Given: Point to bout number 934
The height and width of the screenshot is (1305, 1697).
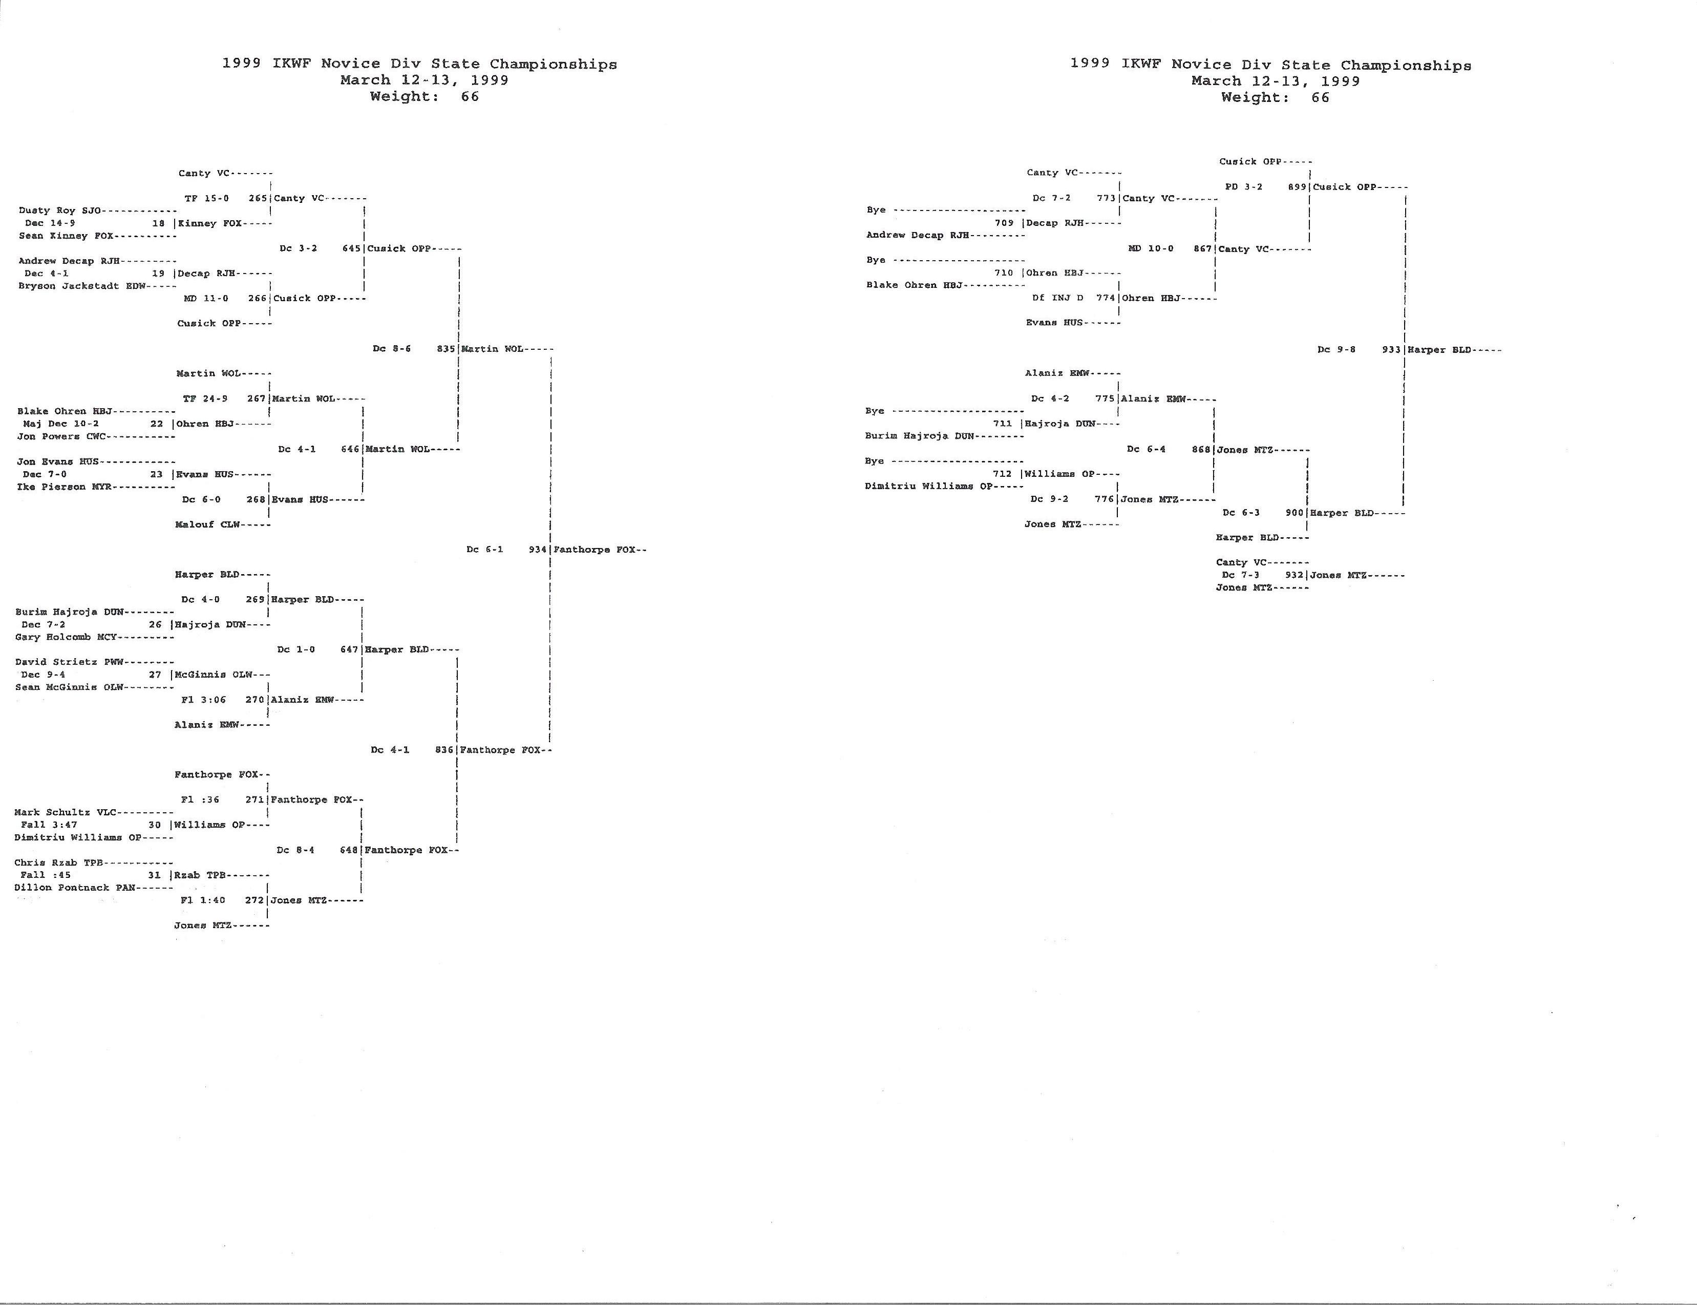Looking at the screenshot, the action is click(538, 549).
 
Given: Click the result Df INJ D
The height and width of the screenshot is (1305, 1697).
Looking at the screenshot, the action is click(1058, 298).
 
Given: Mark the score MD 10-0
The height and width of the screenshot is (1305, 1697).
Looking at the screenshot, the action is click(1151, 248).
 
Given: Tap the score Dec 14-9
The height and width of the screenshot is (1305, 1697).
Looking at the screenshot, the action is click(50, 223).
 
